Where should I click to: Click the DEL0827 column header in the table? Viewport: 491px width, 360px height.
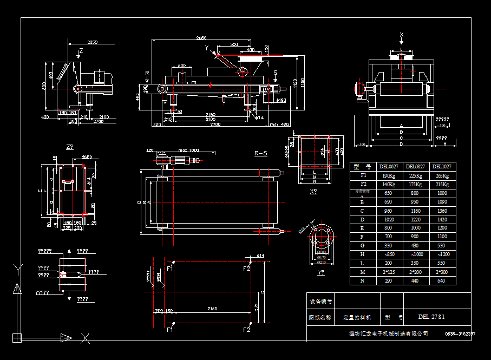[x=415, y=167]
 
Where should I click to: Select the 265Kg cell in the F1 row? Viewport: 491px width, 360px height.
[x=442, y=175]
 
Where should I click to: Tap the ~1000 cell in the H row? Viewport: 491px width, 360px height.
[x=415, y=254]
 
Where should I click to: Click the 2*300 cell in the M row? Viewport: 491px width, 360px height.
[x=442, y=272]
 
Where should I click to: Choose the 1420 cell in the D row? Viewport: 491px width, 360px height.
[x=442, y=219]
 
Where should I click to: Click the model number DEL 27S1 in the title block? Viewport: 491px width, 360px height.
[x=432, y=317]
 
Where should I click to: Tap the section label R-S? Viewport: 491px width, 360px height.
[x=261, y=153]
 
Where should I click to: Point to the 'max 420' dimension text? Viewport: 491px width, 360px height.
[x=280, y=125]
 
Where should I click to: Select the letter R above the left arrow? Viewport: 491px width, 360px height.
[x=147, y=73]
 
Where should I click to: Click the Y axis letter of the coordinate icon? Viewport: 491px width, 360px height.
[x=19, y=267]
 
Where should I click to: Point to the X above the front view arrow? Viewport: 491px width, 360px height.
[x=401, y=35]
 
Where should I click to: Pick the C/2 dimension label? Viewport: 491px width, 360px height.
[x=257, y=310]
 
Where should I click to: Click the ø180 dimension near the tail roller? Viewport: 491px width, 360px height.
[x=281, y=100]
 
